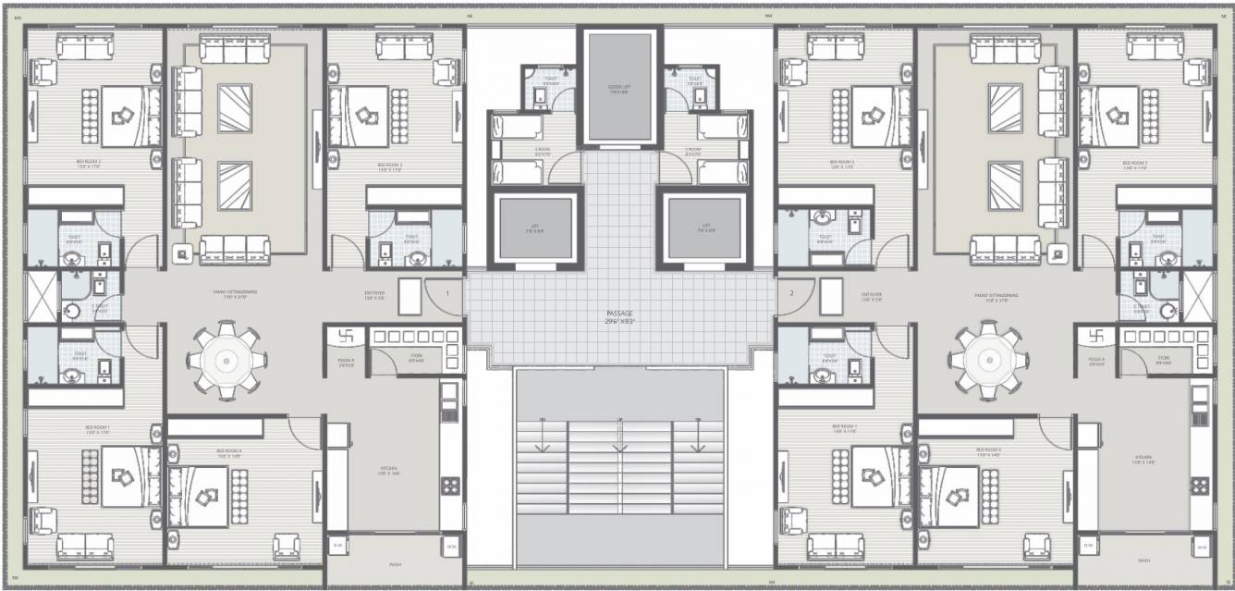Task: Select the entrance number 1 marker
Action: [447, 293]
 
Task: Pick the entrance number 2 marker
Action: [791, 293]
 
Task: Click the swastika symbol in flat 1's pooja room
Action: [347, 337]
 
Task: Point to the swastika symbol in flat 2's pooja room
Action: [1096, 337]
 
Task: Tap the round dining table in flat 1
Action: [226, 360]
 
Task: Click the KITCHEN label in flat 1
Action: [388, 469]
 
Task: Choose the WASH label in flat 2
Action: [1143, 560]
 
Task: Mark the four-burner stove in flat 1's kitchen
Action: [451, 485]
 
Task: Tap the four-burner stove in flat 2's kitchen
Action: [1201, 485]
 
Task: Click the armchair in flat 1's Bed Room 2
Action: [43, 72]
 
